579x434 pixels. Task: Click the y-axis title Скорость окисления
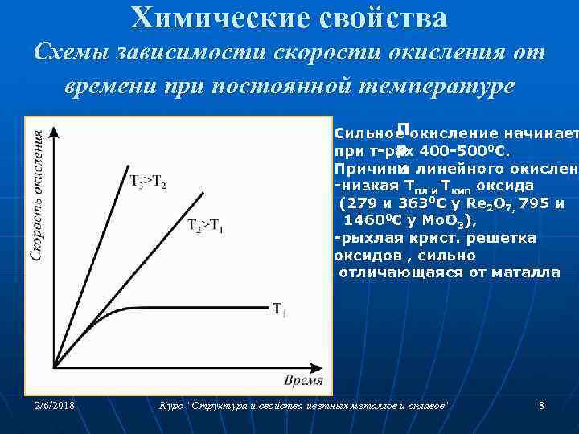tap(37, 196)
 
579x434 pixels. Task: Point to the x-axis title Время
tap(303, 379)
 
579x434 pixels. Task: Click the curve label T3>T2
tap(148, 181)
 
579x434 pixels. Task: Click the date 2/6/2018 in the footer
tap(54, 407)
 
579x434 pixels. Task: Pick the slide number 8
tap(541, 407)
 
